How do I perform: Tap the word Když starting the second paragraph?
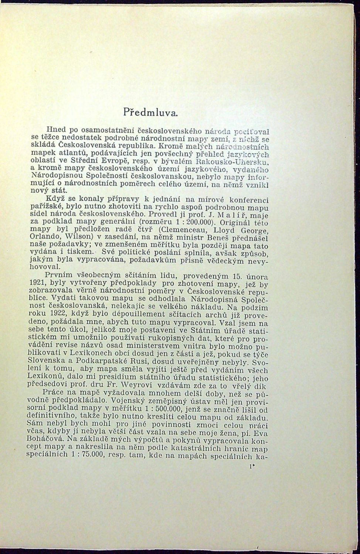pos(52,199)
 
